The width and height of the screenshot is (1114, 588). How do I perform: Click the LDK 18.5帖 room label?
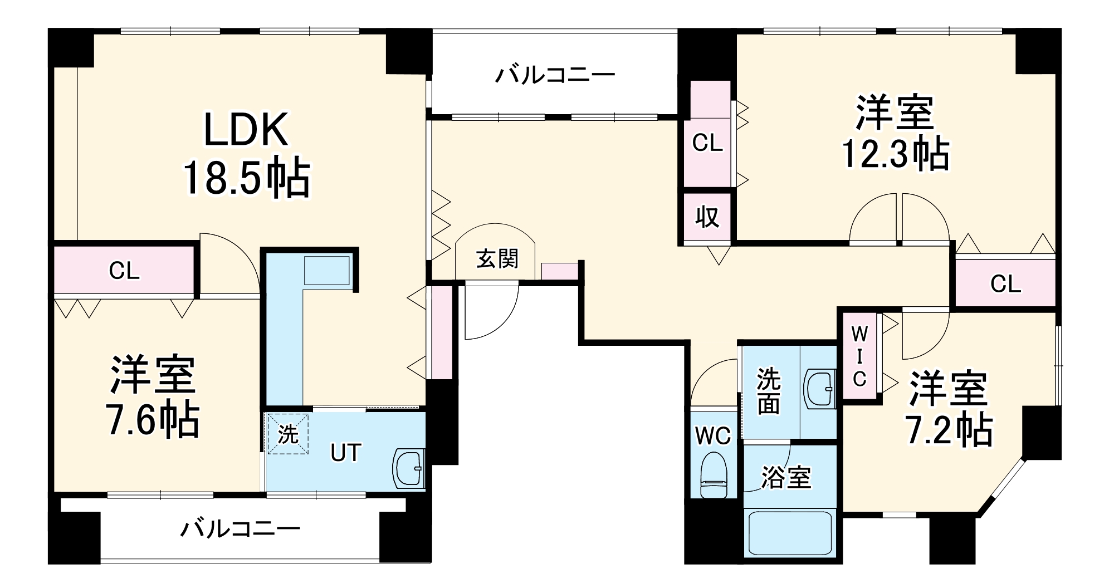click(x=247, y=153)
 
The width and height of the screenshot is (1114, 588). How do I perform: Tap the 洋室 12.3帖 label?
click(x=895, y=133)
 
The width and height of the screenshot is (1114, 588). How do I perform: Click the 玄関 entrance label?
click(x=497, y=259)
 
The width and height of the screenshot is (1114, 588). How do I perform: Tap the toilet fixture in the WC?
click(x=714, y=474)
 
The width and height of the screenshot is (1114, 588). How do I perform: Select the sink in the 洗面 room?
click(x=820, y=389)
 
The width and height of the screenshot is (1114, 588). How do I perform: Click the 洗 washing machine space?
click(x=287, y=434)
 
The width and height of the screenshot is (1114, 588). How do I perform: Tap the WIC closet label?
click(x=859, y=356)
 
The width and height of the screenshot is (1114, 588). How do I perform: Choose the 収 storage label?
click(x=707, y=217)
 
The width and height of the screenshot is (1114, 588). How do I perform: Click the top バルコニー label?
click(x=555, y=75)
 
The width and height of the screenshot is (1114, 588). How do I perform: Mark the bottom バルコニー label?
click(x=240, y=528)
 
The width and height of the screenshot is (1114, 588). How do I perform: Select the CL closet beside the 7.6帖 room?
click(x=124, y=271)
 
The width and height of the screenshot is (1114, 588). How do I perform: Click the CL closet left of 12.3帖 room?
click(x=707, y=143)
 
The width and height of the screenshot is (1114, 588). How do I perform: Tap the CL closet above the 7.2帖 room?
click(x=1005, y=284)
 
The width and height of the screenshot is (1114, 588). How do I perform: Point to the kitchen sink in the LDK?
click(x=327, y=271)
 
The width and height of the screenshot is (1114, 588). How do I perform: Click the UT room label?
click(x=346, y=453)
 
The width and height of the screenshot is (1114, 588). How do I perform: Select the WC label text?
click(x=713, y=436)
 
